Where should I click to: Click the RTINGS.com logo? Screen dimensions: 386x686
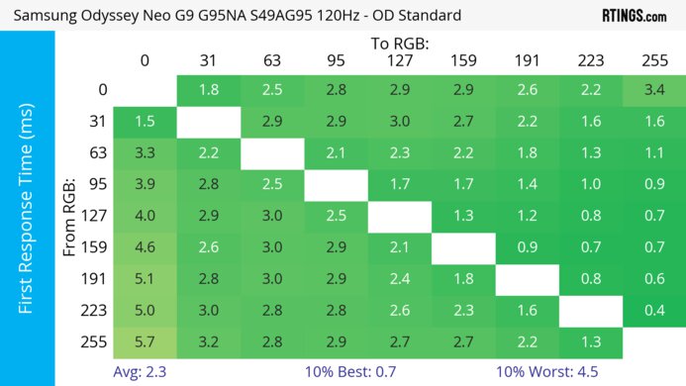[635, 17]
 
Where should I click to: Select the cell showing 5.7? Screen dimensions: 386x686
[145, 342]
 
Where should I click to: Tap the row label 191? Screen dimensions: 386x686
[95, 279]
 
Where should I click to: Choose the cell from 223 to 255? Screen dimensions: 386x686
[653, 311]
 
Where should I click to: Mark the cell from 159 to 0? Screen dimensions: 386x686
[145, 247]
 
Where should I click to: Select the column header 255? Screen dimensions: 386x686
[653, 61]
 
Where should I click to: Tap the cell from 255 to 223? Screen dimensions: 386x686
[590, 342]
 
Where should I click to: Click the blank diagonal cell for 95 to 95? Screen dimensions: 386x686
[336, 185]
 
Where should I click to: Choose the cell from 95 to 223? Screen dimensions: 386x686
[590, 185]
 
